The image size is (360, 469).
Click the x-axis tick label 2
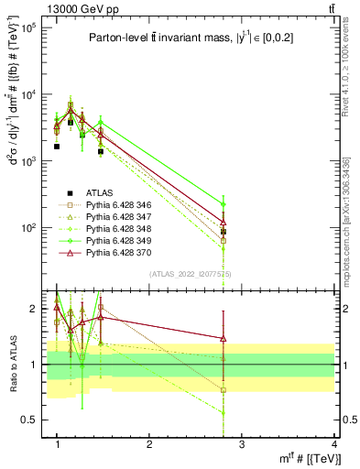click(149, 443)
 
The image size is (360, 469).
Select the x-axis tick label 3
click(242, 443)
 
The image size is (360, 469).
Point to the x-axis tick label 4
click(334, 443)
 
